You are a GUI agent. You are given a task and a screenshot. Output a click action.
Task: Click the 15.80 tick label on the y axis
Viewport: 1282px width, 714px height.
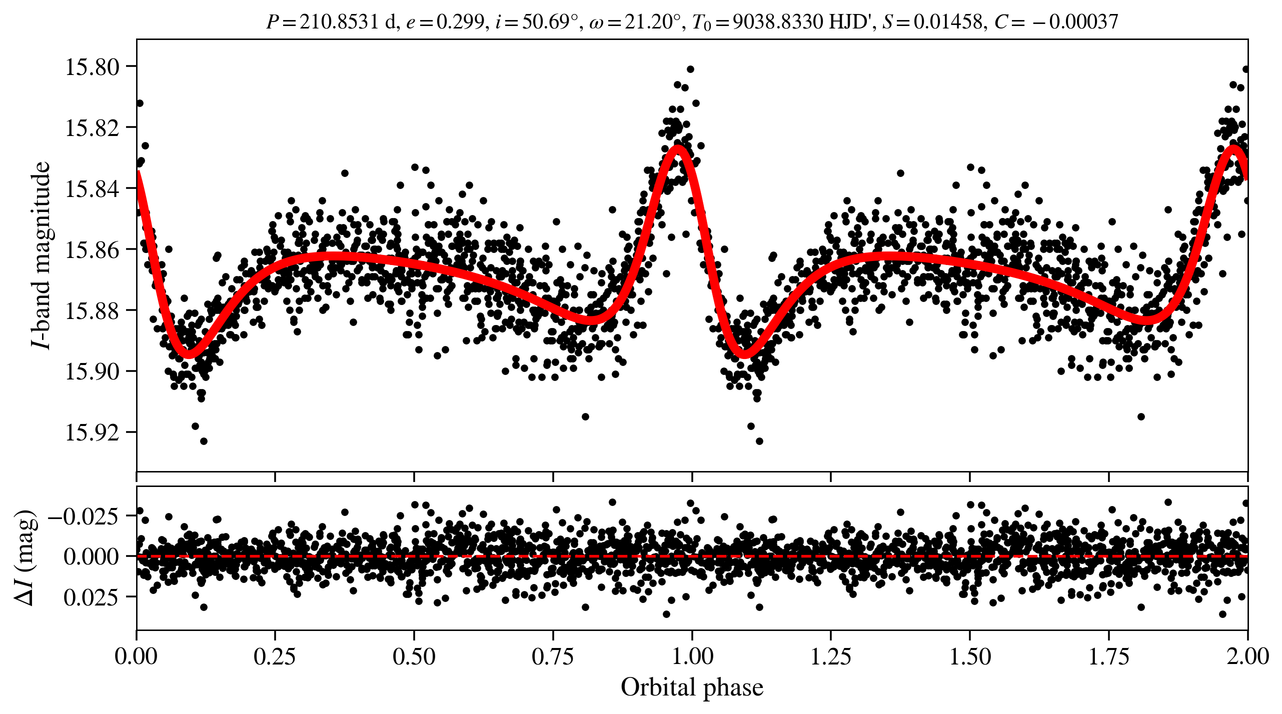pos(93,67)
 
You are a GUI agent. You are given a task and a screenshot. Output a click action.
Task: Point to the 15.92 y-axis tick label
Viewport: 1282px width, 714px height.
pos(93,432)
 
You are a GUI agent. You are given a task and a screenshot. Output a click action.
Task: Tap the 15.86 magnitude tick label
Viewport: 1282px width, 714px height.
pos(93,249)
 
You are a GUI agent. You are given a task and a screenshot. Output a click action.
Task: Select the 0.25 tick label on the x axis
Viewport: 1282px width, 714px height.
pos(275,656)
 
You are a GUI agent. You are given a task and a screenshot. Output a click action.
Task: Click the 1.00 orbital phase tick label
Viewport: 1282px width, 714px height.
pos(692,656)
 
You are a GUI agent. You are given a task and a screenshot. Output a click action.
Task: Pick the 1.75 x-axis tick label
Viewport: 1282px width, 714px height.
pos(1109,656)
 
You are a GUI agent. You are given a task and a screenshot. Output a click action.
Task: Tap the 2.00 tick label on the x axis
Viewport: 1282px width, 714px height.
pos(1247,656)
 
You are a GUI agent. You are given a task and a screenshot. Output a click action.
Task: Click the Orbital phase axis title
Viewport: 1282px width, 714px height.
pos(692,687)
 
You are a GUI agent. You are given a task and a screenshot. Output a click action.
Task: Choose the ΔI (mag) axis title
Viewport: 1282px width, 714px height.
pos(25,557)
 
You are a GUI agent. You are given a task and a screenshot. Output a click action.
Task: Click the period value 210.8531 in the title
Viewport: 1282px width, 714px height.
pos(339,22)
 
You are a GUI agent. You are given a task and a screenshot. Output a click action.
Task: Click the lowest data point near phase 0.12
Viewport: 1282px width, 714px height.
pos(204,441)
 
